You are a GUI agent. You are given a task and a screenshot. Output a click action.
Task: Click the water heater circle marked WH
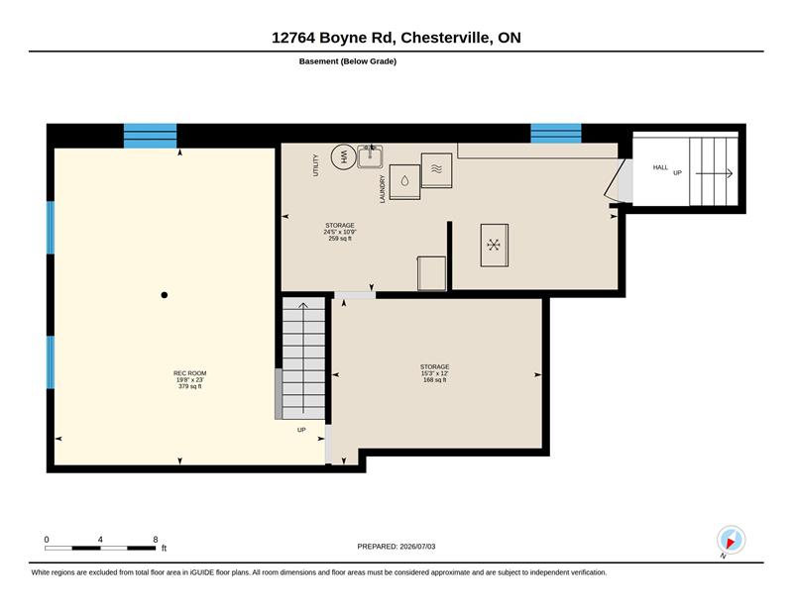(343, 156)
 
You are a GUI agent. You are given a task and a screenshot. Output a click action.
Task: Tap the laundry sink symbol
(370, 156)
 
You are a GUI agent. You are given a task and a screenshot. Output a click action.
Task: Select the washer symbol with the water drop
(404, 182)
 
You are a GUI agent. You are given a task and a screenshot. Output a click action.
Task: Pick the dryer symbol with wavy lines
(436, 170)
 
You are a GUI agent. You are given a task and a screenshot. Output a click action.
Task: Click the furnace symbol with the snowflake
(494, 246)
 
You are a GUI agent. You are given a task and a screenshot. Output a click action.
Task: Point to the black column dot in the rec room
(164, 295)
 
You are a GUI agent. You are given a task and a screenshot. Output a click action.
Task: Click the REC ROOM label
(189, 373)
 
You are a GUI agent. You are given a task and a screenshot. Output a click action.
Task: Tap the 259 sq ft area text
(340, 238)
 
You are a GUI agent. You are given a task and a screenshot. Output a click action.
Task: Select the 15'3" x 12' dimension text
(435, 373)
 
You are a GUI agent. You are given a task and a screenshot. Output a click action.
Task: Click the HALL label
(660, 167)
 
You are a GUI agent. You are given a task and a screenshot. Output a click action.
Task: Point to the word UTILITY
(316, 165)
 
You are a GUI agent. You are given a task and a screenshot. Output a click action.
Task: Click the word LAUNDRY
(383, 189)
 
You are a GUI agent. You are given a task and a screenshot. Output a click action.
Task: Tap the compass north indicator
(731, 541)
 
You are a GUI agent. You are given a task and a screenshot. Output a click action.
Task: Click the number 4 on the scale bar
(100, 540)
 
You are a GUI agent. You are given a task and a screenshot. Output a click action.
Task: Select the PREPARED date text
(396, 547)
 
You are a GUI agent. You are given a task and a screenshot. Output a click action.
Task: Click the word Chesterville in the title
(444, 38)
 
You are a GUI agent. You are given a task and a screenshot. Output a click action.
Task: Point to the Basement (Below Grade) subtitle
(348, 61)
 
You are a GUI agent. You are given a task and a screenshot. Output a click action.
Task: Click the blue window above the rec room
(151, 136)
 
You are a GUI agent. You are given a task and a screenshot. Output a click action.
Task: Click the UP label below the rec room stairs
(301, 430)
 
